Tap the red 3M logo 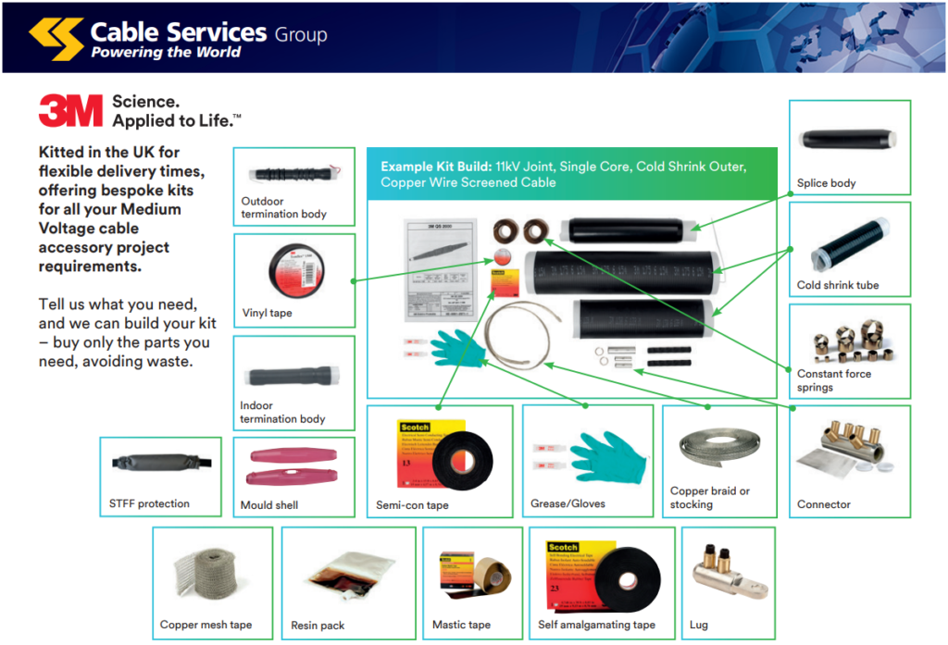pyautogui.click(x=70, y=111)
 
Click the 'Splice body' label pyautogui.click(x=826, y=183)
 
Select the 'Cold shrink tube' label pyautogui.click(x=837, y=285)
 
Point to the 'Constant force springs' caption pyautogui.click(x=833, y=380)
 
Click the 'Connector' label pyautogui.click(x=823, y=504)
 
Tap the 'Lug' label pyautogui.click(x=698, y=625)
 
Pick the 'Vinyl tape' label pyautogui.click(x=267, y=313)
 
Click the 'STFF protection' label pyautogui.click(x=149, y=503)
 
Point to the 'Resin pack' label pyautogui.click(x=318, y=626)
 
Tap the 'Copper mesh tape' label pyautogui.click(x=206, y=625)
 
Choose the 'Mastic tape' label pyautogui.click(x=461, y=625)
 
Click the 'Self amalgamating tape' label pyautogui.click(x=596, y=625)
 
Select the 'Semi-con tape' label pyautogui.click(x=412, y=505)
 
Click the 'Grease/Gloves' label pyautogui.click(x=568, y=505)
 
